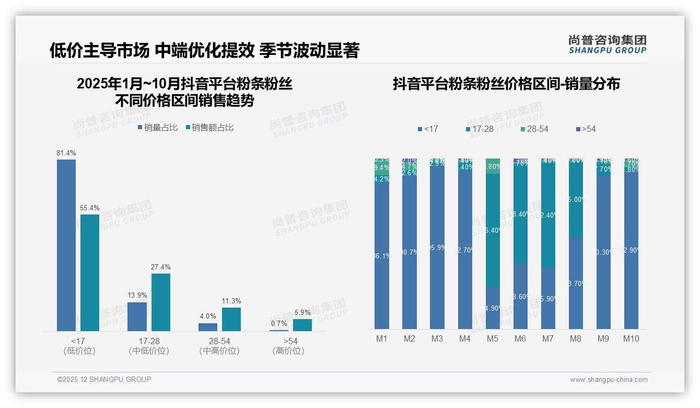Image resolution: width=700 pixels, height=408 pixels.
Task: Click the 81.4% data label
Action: [66, 153]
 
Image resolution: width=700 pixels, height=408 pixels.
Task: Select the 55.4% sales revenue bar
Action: [89, 272]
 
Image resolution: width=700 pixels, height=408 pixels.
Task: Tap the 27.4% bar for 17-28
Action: [161, 302]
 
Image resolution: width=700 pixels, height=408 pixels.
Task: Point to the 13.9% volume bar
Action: [137, 316]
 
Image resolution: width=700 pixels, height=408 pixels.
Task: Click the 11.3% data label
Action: [231, 301]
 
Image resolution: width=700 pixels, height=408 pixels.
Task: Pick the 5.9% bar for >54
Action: [302, 325]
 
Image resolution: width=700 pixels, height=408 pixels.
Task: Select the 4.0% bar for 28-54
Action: [208, 327]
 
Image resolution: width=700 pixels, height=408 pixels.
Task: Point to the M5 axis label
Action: [493, 339]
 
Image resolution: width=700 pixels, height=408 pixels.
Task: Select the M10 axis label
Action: [631, 339]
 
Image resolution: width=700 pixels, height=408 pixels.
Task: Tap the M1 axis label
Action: [382, 339]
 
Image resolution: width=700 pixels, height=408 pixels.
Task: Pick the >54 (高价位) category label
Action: [288, 346]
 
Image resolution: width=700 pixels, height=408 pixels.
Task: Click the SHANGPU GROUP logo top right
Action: [607, 44]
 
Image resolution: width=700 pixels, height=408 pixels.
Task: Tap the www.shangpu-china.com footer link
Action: [609, 380]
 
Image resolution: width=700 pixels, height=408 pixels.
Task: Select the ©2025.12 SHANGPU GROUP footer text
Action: [104, 379]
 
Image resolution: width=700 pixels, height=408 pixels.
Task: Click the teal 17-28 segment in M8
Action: [576, 199]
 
